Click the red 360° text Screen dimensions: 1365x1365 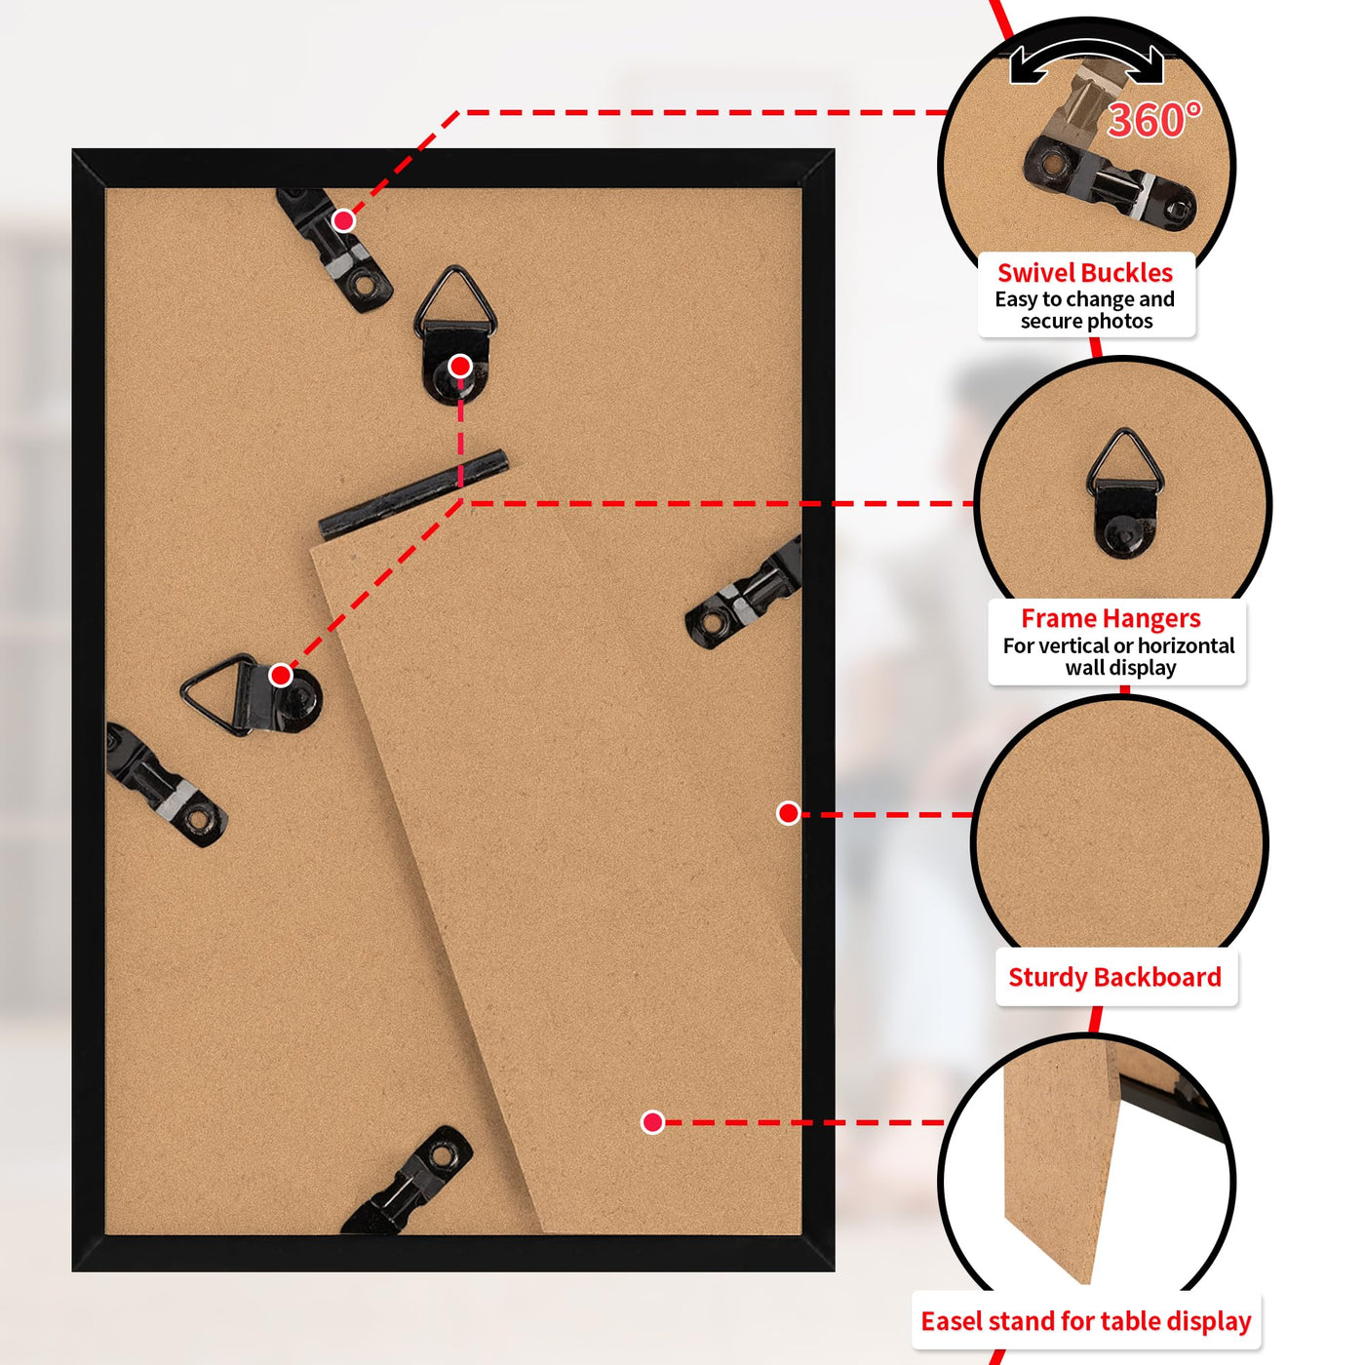click(1153, 120)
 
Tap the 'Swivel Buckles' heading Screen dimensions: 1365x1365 click(1084, 273)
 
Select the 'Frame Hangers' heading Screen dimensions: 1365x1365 click(1110, 618)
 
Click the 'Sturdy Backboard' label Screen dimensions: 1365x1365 click(1114, 977)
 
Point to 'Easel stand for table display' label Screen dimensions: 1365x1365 click(1085, 1321)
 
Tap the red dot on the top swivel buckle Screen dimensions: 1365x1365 click(343, 221)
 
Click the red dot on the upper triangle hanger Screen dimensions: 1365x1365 click(460, 367)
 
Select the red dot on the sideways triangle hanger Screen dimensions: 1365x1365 click(281, 675)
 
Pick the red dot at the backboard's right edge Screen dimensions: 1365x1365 click(788, 813)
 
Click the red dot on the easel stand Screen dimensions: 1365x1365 click(652, 1122)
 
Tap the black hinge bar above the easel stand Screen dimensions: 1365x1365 click(413, 493)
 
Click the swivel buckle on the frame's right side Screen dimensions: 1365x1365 click(744, 592)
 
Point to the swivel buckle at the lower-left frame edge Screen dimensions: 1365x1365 click(166, 785)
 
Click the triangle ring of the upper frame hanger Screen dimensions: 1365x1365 click(455, 301)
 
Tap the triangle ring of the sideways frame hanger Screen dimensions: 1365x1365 click(216, 693)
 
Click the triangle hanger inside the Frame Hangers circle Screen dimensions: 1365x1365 click(1125, 493)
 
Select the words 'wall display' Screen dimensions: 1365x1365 click(1120, 667)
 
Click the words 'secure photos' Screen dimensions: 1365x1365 click(1086, 321)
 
